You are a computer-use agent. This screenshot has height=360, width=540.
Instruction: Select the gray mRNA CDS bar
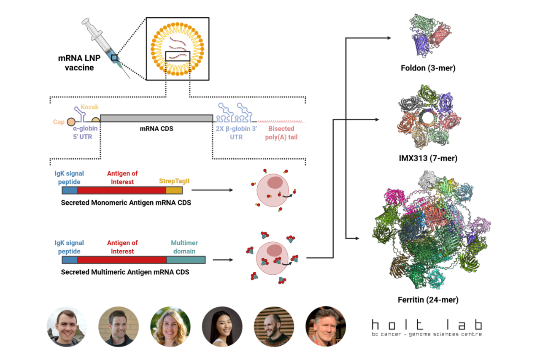(156, 118)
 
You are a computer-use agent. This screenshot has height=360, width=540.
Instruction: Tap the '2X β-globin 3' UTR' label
(236, 133)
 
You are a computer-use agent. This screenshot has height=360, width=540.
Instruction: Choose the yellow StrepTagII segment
(174, 191)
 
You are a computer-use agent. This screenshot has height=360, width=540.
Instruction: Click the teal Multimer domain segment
(186, 260)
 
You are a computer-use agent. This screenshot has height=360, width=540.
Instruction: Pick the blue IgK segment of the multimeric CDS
(70, 260)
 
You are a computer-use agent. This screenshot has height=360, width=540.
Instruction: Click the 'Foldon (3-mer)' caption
(428, 68)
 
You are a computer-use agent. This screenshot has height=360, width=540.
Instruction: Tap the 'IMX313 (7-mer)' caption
(428, 159)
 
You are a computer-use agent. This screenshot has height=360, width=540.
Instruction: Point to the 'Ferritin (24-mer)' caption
(428, 300)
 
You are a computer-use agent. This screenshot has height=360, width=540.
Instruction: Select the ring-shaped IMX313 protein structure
(427, 116)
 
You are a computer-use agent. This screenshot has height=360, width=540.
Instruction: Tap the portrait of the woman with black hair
(222, 326)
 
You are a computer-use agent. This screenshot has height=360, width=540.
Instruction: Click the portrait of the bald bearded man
(274, 326)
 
